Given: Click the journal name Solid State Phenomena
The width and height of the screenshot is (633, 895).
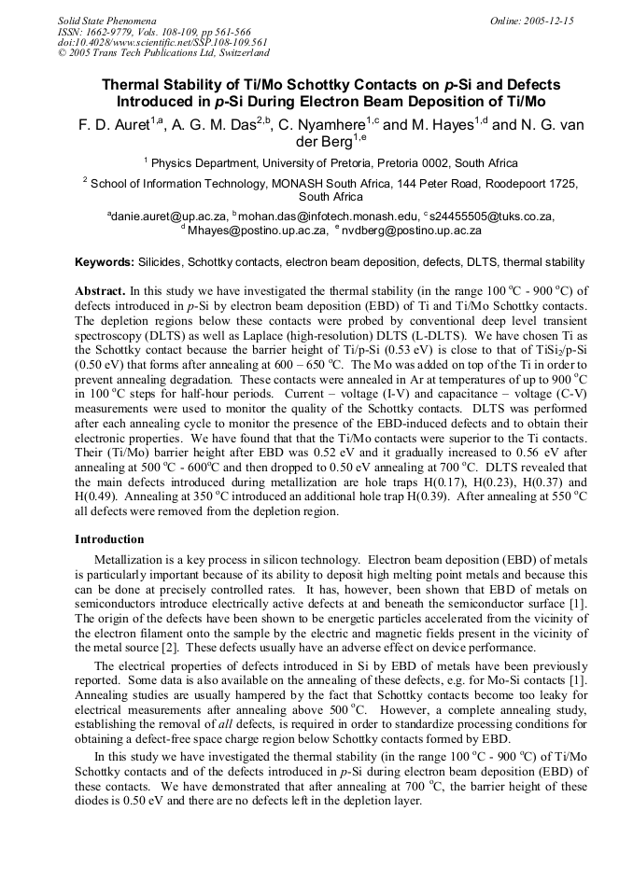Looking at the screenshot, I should coord(106,20).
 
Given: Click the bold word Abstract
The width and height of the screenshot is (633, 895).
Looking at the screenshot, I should coord(99,291).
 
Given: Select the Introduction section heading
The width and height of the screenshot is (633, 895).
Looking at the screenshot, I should coord(109,539).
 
